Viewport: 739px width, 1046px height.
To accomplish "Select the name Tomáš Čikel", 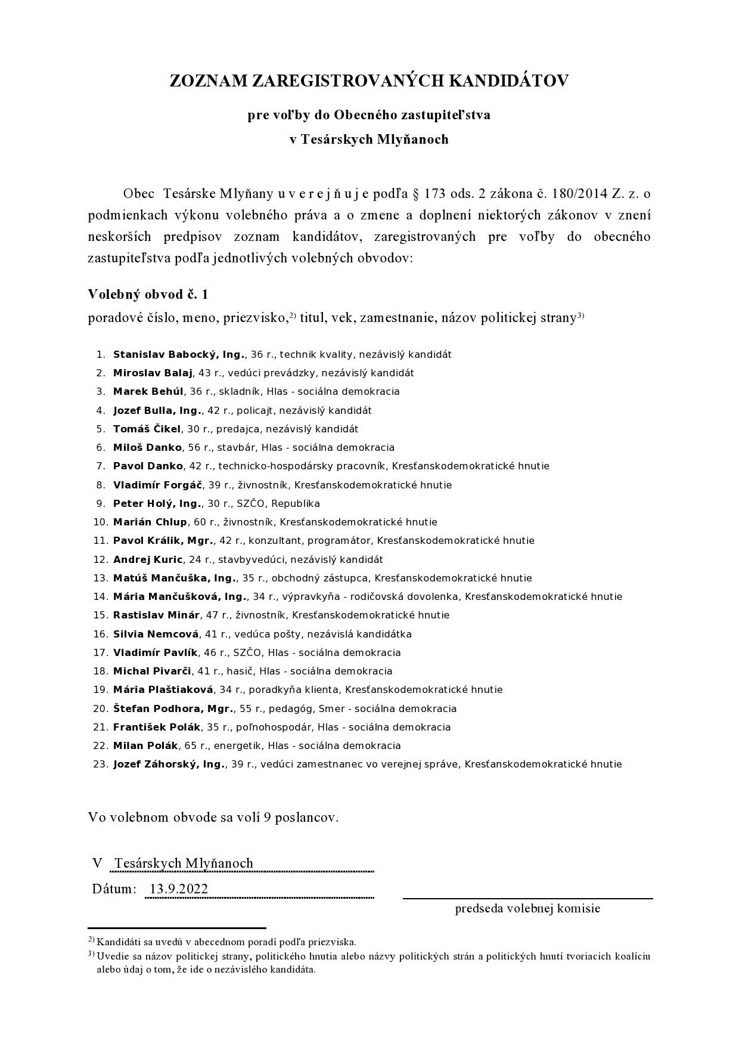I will point(147,429).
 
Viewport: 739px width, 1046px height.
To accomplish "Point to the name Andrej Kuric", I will point(148,560).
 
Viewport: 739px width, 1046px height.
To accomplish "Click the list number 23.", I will point(101,765).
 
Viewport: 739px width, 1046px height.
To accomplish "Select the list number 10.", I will point(101,522).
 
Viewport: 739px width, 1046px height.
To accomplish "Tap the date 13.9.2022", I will point(179,889).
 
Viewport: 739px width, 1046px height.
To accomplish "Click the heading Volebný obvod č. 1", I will point(148,294).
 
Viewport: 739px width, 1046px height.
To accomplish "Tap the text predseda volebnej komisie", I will point(527,908).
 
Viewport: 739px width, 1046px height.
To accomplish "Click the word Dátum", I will point(114,889).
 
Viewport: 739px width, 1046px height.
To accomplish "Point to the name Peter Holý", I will point(136,504).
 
